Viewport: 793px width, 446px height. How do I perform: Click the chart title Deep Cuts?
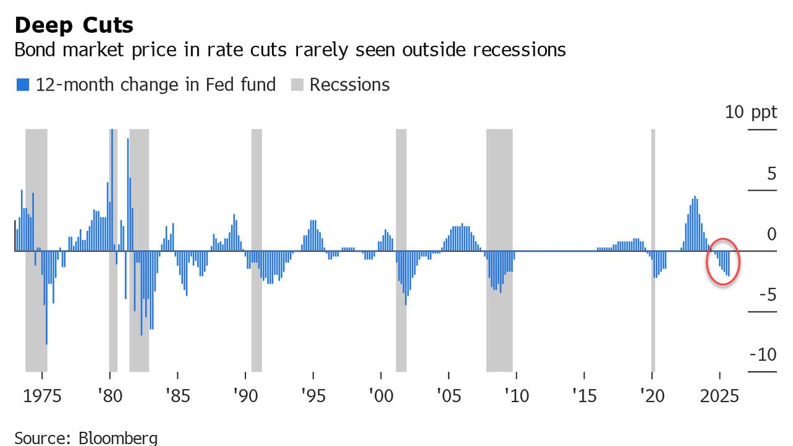pyautogui.click(x=74, y=25)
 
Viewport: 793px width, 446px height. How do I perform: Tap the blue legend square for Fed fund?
pyautogui.click(x=23, y=85)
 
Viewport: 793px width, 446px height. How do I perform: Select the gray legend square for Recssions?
pyautogui.click(x=297, y=85)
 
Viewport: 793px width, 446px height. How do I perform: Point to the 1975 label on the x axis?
pyautogui.click(x=42, y=396)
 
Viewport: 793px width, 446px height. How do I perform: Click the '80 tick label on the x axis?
pyautogui.click(x=109, y=396)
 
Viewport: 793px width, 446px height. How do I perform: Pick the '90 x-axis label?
pyautogui.click(x=245, y=396)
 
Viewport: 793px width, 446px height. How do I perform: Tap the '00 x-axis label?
pyautogui.click(x=380, y=396)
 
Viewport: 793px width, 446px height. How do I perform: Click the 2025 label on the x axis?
pyautogui.click(x=719, y=396)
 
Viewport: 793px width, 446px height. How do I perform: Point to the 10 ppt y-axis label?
pyautogui.click(x=750, y=113)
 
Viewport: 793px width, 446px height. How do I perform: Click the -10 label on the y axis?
pyautogui.click(x=763, y=355)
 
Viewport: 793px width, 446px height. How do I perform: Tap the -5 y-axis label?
pyautogui.click(x=768, y=294)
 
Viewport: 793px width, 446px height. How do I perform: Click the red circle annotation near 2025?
pyautogui.click(x=723, y=261)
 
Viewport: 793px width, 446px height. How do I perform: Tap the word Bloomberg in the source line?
pyautogui.click(x=118, y=439)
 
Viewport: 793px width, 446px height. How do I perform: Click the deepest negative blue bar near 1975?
pyautogui.click(x=46, y=342)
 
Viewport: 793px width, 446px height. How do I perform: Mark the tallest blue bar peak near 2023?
pyautogui.click(x=695, y=198)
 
